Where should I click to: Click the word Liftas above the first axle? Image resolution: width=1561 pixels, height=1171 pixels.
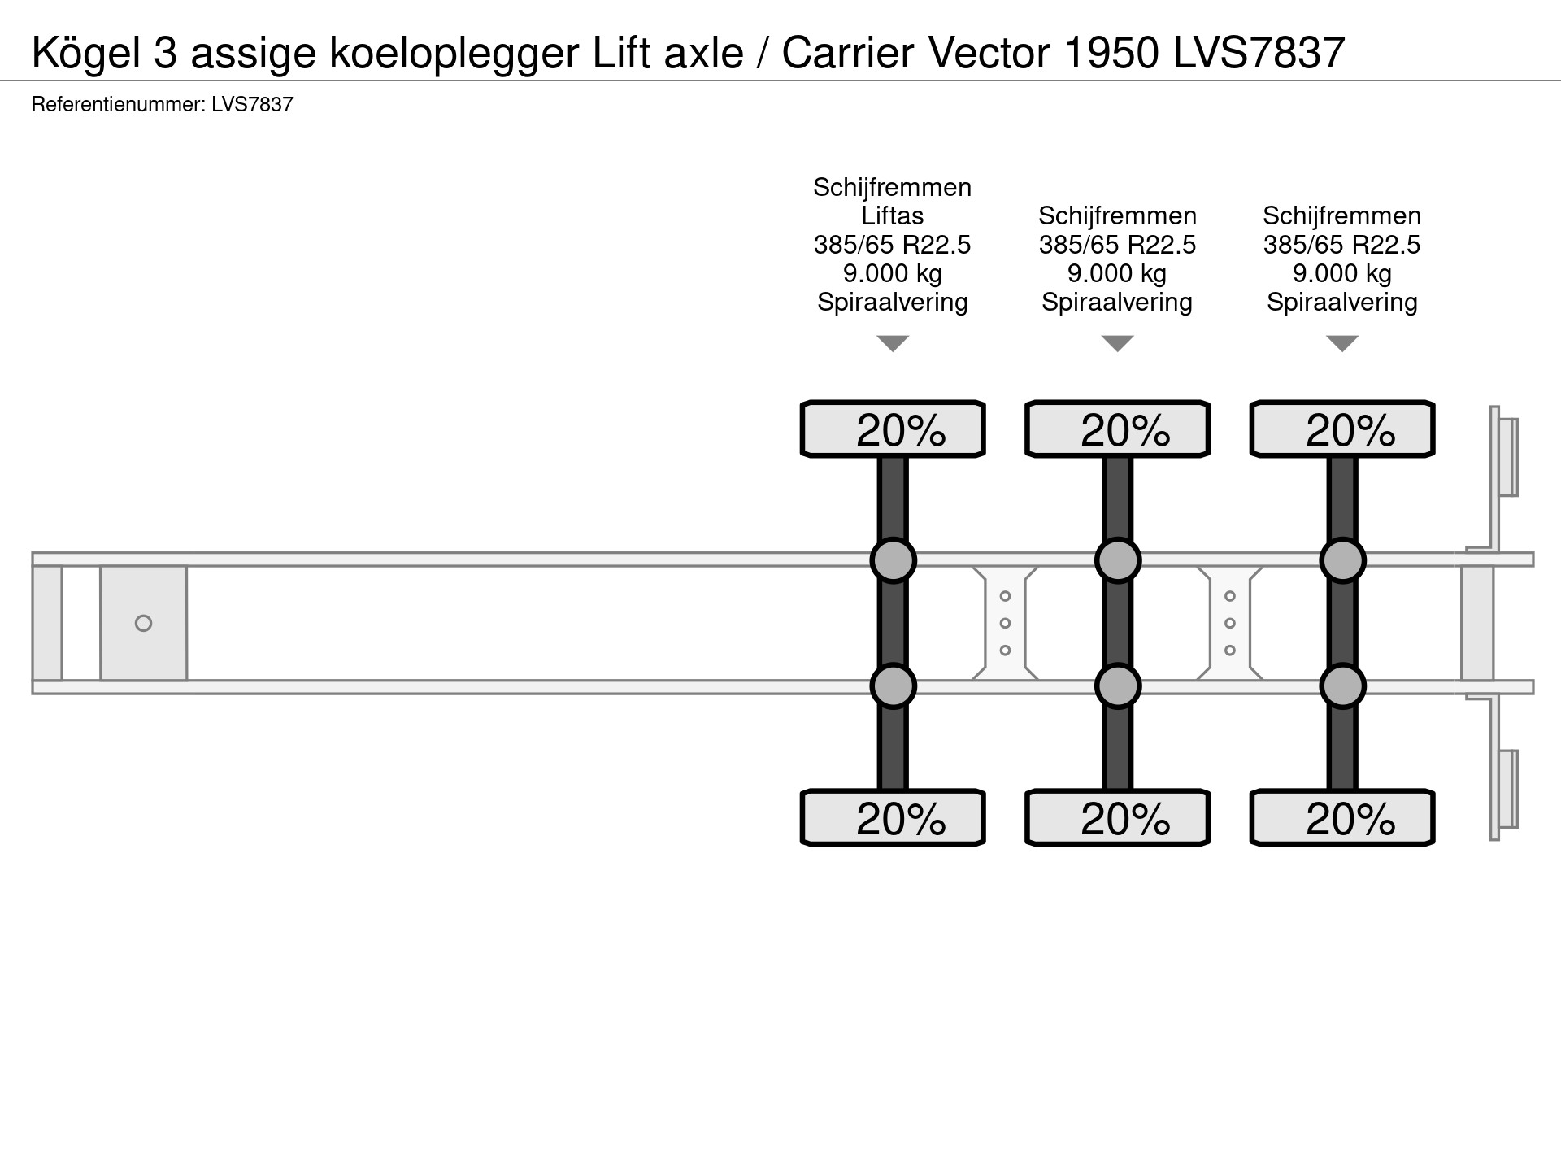(892, 216)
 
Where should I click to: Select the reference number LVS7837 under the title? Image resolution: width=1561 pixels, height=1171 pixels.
(252, 105)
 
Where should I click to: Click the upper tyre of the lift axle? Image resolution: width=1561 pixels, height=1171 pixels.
(893, 429)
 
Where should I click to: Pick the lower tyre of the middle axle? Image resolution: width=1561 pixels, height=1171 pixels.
(1117, 818)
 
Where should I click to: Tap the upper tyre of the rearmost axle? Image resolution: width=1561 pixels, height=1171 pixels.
(1341, 429)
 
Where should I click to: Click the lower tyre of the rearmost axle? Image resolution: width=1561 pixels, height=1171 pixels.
(1341, 818)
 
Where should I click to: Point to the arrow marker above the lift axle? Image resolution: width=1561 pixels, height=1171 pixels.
(893, 344)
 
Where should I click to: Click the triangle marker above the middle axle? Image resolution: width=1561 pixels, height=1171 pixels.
(1117, 344)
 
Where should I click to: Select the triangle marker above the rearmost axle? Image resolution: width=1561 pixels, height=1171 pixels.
(1341, 344)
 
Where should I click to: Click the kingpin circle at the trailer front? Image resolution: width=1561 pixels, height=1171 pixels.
(143, 624)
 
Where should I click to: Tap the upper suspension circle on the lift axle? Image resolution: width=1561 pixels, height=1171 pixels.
(893, 560)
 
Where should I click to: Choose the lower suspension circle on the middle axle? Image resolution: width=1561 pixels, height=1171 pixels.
(1117, 687)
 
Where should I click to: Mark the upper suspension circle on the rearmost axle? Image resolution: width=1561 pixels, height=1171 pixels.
(1341, 560)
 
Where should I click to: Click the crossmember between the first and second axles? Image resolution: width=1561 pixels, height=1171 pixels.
(1005, 624)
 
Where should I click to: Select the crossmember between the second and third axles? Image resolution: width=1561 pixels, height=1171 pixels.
(1229, 624)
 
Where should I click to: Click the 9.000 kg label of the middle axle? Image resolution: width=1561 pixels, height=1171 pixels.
(1117, 274)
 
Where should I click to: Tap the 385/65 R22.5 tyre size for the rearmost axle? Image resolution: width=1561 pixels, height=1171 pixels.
(1341, 245)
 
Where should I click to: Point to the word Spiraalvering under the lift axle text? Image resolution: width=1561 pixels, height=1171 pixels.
(892, 303)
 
